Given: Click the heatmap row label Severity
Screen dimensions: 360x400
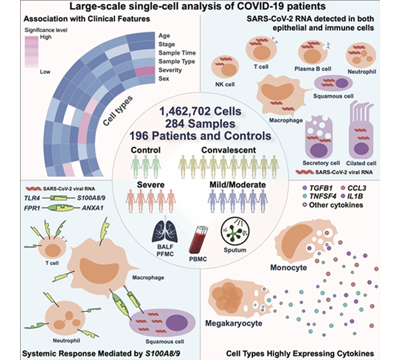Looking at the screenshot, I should (x=170, y=70).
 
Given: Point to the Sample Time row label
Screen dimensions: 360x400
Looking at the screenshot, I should (x=177, y=53).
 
